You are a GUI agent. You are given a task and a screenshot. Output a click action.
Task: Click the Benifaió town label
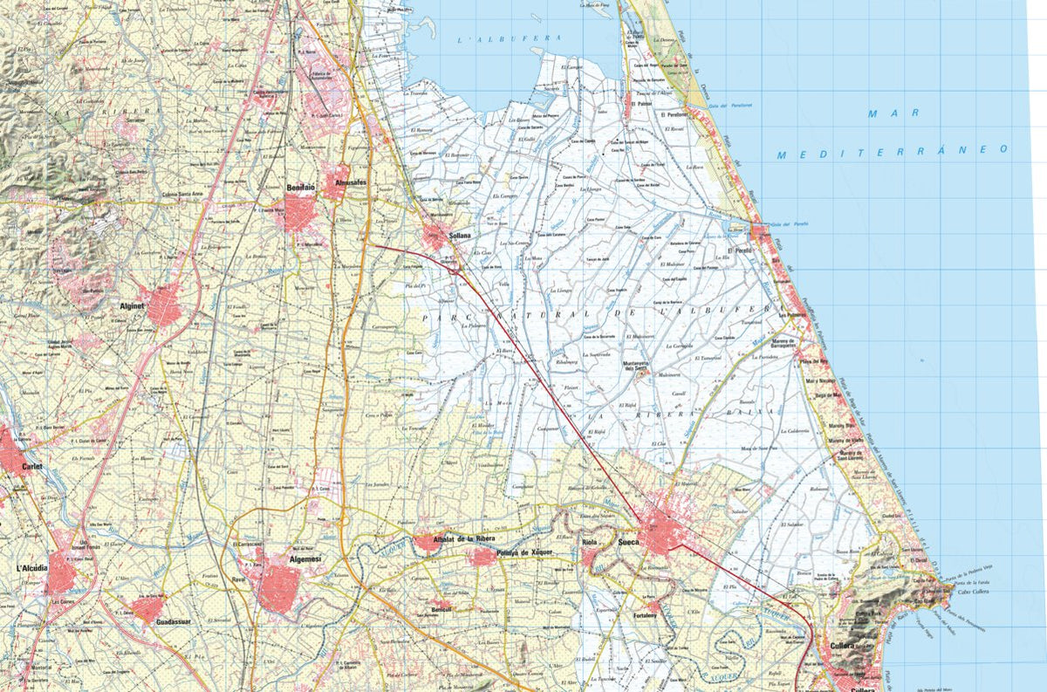click(300, 188)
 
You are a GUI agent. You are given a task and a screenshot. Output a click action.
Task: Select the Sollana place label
click(459, 236)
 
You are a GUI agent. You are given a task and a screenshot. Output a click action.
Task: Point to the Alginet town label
click(133, 307)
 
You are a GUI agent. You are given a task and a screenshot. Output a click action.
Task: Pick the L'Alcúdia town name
click(31, 568)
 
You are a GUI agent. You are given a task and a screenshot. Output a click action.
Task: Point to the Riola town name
click(594, 542)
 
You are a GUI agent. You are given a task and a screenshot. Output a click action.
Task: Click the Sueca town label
click(628, 543)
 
